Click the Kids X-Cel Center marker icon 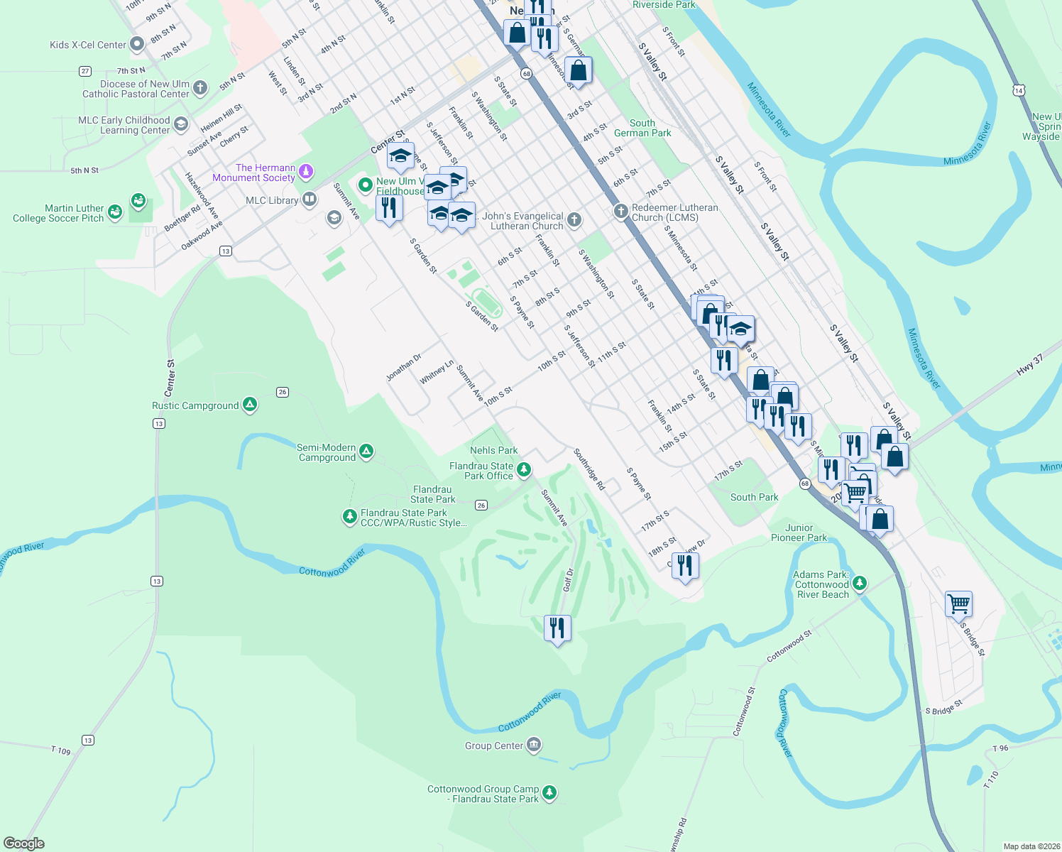(x=137, y=45)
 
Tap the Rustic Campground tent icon (x=249, y=405)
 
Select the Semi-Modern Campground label (x=327, y=453)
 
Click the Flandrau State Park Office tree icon (x=524, y=469)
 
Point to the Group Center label (x=493, y=745)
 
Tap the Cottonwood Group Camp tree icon (x=549, y=792)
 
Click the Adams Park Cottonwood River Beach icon (x=860, y=584)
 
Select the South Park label (x=754, y=498)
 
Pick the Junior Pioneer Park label (x=799, y=532)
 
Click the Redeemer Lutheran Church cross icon (x=620, y=211)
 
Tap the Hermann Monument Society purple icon (x=306, y=171)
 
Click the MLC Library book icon (x=310, y=200)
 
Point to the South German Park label (x=642, y=128)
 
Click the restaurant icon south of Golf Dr (x=557, y=628)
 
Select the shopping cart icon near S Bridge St (x=958, y=604)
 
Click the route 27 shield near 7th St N (x=85, y=71)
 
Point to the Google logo (x=24, y=843)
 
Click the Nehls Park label (x=493, y=451)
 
